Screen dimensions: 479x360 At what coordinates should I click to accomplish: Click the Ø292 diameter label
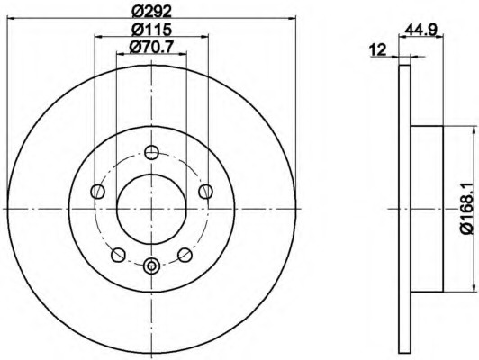click(x=152, y=12)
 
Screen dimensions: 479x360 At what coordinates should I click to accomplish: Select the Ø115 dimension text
click(x=152, y=30)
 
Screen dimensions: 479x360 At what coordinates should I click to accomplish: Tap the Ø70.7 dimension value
click(x=151, y=48)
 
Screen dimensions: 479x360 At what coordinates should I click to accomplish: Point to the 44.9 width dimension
click(x=421, y=30)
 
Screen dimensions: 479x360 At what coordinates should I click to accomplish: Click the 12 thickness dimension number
click(x=378, y=49)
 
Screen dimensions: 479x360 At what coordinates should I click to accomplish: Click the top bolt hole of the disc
click(x=151, y=152)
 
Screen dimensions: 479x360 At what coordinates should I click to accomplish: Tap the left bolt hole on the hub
click(x=98, y=192)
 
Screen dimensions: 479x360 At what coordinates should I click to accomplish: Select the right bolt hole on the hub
click(x=205, y=192)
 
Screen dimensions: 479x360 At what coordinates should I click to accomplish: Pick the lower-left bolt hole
click(x=118, y=255)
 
